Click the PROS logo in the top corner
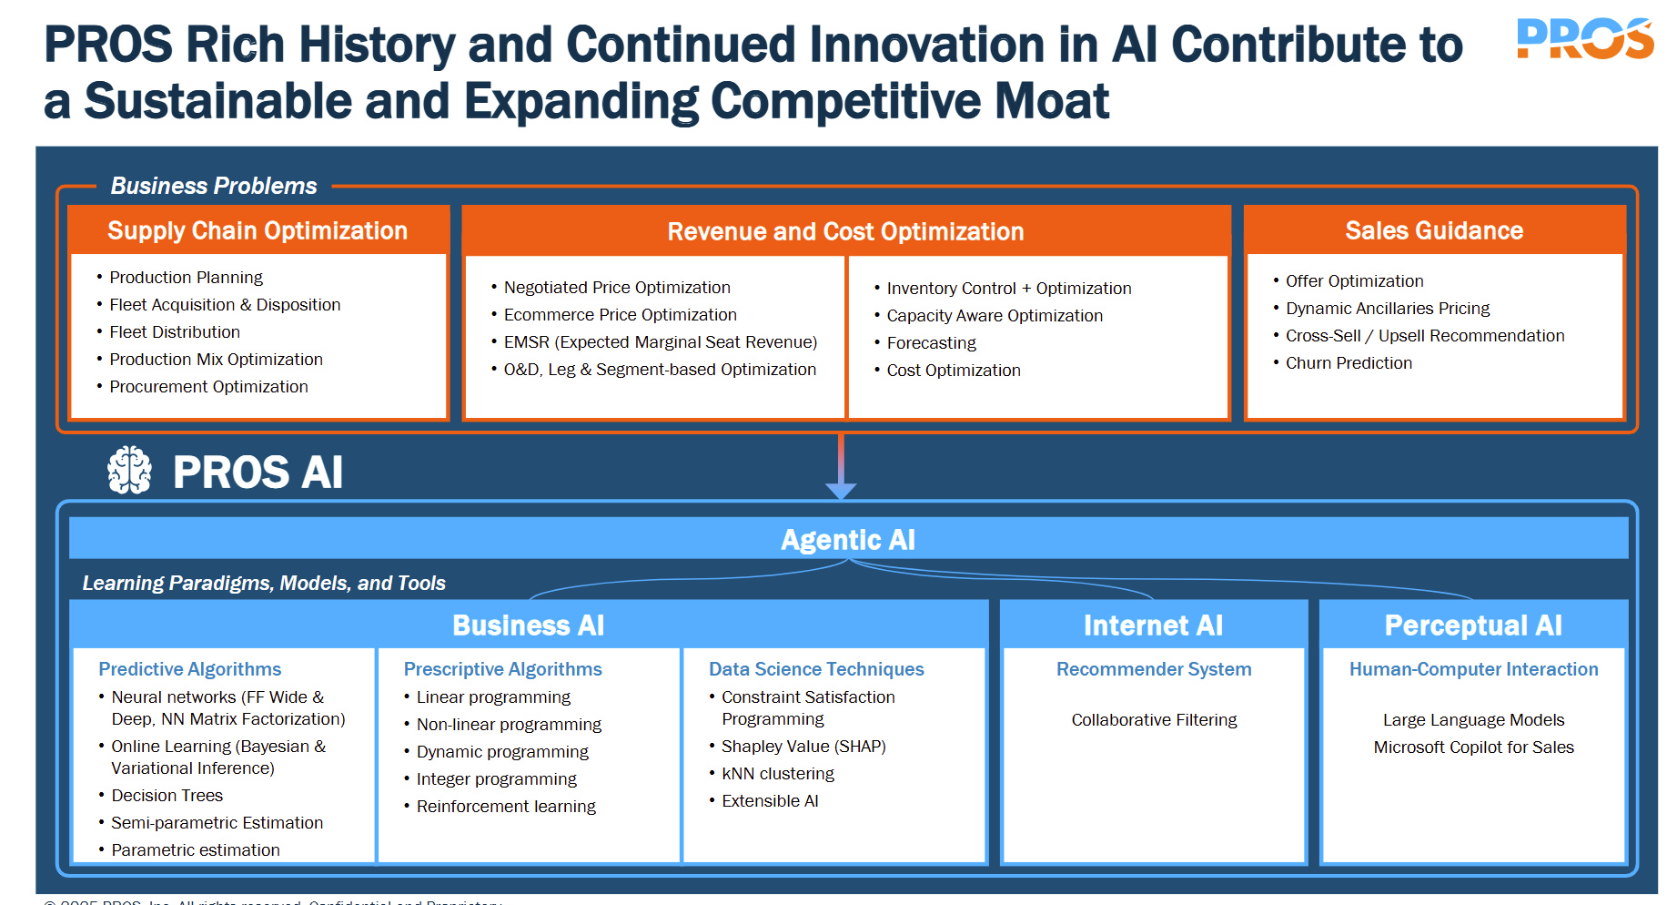click(x=1584, y=39)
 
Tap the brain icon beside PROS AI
click(x=129, y=470)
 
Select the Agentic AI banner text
click(x=848, y=540)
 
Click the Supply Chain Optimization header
click(x=258, y=230)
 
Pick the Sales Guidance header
click(x=1434, y=230)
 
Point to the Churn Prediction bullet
click(x=1349, y=363)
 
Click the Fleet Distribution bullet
click(x=175, y=332)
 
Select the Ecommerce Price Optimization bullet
click(x=620, y=315)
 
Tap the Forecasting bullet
click(x=931, y=343)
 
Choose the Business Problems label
click(x=214, y=186)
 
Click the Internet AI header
click(x=1153, y=625)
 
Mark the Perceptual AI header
click(x=1473, y=625)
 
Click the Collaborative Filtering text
click(x=1154, y=720)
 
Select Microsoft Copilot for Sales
click(x=1473, y=747)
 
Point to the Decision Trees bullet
click(x=167, y=796)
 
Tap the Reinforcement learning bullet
click(x=506, y=807)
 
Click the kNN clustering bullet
click(x=777, y=774)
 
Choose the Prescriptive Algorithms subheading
click(x=502, y=669)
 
